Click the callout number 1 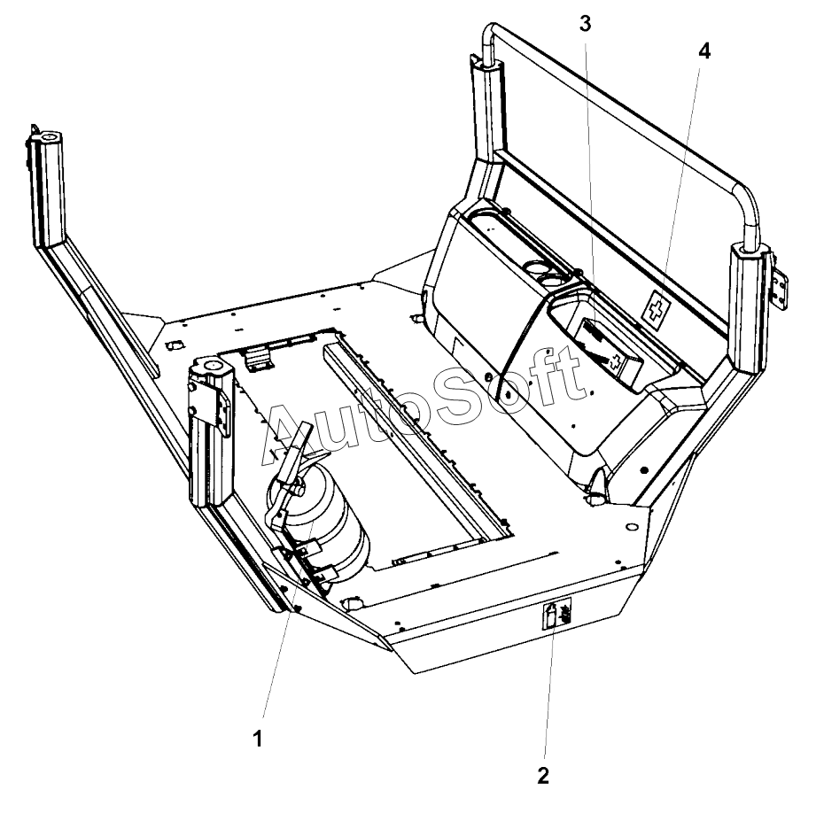[x=258, y=739]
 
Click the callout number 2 [x=543, y=776]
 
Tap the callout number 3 [x=585, y=24]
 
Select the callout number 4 [x=704, y=51]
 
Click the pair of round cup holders [x=542, y=271]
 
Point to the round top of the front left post [x=207, y=366]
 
